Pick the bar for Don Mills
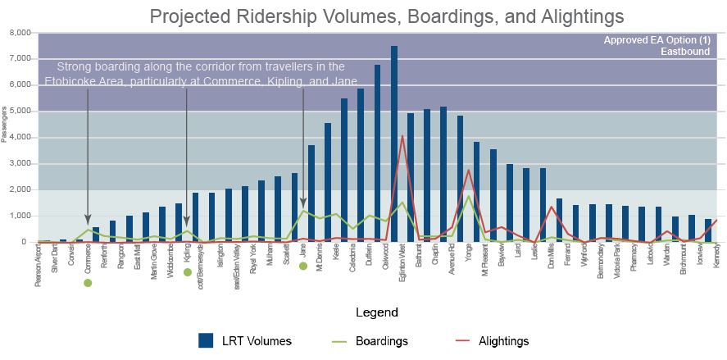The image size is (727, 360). coord(559,221)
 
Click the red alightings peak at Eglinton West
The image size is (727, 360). coord(402,137)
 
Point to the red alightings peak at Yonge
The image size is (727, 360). coord(468,171)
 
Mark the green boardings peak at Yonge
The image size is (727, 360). coord(468,197)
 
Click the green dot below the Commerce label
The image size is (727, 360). coord(88,282)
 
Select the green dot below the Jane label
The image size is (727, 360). coord(303,266)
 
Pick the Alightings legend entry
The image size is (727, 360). coord(493,341)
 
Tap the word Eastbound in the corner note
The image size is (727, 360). coord(687,52)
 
